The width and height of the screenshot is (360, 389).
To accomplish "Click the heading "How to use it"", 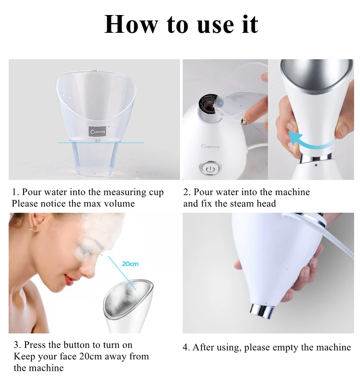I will coord(181,24).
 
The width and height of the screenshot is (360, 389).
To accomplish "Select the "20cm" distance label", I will coord(130,264).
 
